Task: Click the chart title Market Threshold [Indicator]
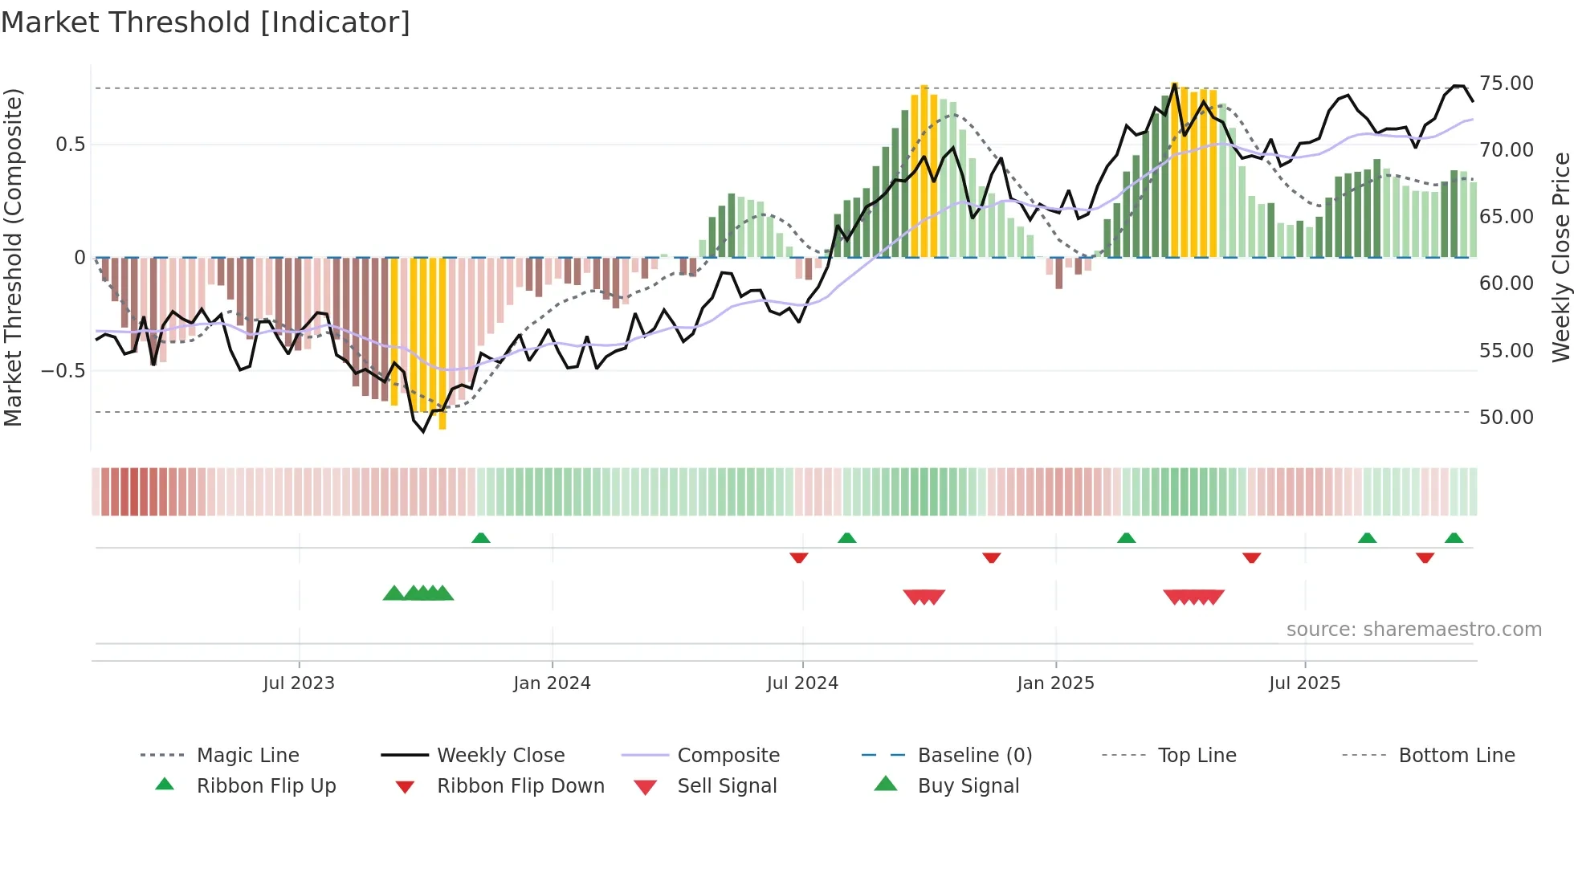(206, 22)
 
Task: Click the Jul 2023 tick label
(299, 683)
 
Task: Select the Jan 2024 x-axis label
(552, 683)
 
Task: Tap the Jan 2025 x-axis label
(1055, 683)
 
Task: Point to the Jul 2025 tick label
(1304, 683)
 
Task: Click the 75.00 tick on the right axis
(1507, 84)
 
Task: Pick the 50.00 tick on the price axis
(1507, 418)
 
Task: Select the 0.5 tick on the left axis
(70, 145)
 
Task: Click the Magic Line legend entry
(247, 756)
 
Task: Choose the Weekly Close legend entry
(500, 756)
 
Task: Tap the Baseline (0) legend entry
(974, 756)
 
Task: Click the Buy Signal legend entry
(968, 786)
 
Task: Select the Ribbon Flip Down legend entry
(520, 786)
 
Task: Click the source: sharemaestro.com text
(1413, 630)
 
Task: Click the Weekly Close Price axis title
(1560, 257)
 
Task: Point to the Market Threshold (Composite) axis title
(13, 257)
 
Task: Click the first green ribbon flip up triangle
(480, 538)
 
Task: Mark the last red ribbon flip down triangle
(1425, 557)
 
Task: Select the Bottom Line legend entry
(1456, 756)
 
